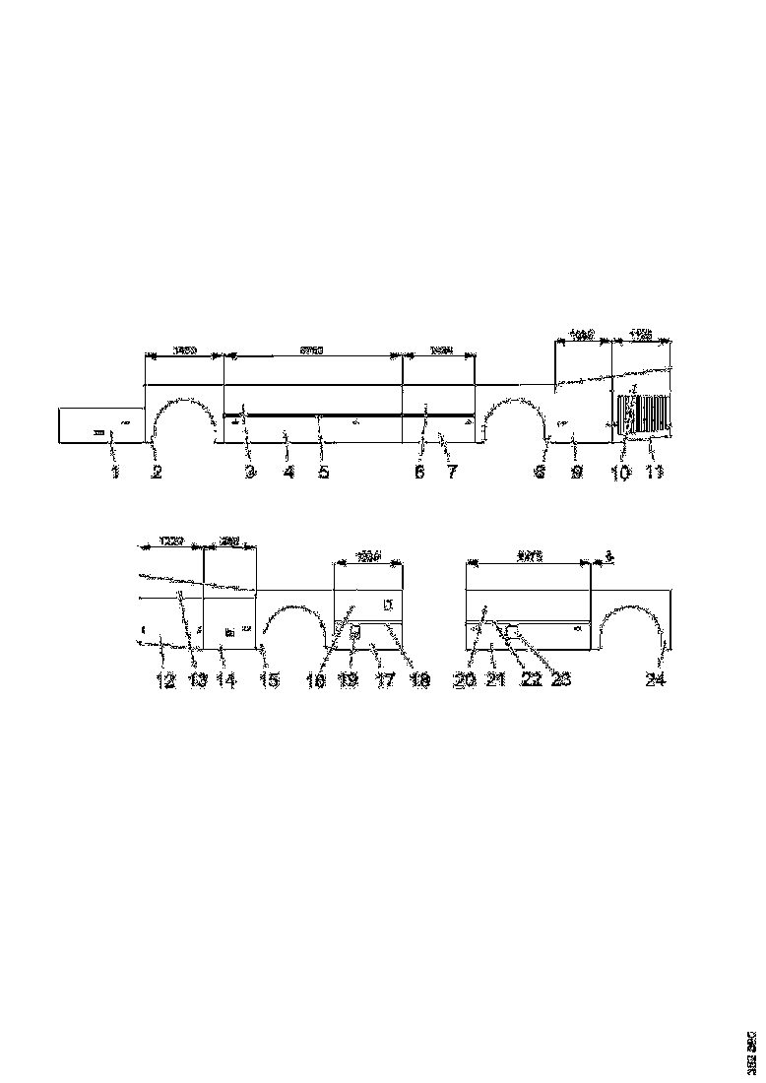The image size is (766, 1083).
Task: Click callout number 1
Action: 115,473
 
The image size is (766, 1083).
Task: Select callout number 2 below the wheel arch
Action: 156,473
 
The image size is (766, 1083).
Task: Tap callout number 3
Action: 250,473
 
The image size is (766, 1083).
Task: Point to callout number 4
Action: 287,473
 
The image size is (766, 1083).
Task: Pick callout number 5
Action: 323,473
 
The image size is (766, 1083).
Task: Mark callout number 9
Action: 577,473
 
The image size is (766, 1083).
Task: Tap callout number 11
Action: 654,473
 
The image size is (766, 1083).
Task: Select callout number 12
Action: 164,680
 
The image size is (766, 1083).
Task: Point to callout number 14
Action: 226,680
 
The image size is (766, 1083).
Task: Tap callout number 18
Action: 419,680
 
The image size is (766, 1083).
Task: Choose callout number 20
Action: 465,680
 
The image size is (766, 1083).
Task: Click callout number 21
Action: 495,680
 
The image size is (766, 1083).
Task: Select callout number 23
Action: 562,680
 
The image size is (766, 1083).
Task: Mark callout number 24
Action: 655,680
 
